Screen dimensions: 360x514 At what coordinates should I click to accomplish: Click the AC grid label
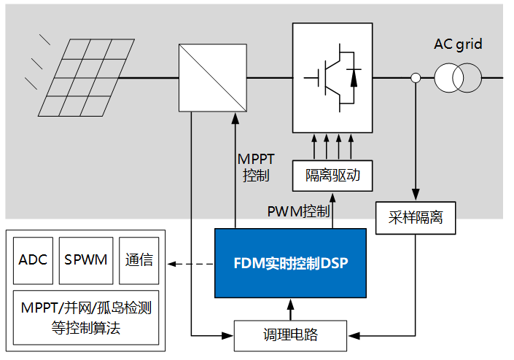point(458,45)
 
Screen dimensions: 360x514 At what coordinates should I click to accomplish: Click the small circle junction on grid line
point(416,78)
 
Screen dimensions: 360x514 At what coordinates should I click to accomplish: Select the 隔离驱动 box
point(332,176)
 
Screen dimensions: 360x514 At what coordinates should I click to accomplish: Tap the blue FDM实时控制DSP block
point(289,263)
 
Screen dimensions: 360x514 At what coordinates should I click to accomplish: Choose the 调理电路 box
point(291,335)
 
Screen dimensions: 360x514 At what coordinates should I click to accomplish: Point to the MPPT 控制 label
point(256,167)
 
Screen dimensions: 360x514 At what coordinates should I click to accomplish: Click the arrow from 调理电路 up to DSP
point(291,309)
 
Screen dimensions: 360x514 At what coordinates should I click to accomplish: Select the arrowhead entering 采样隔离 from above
point(416,195)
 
